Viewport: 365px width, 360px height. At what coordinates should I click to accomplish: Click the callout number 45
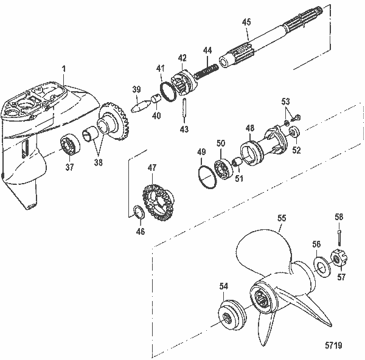pos(246,22)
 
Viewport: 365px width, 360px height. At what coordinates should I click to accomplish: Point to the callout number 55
pos(281,217)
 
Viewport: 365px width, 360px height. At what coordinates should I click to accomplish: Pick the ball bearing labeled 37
pos(72,148)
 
